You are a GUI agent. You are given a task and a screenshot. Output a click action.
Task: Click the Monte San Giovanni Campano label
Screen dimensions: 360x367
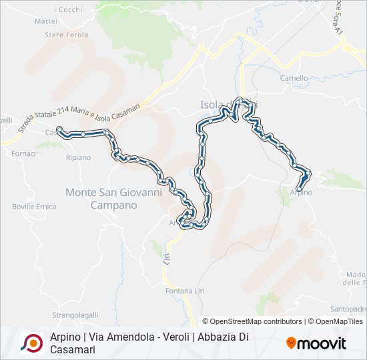click(x=113, y=199)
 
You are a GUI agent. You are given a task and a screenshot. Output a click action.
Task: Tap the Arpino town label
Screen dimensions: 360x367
click(x=301, y=192)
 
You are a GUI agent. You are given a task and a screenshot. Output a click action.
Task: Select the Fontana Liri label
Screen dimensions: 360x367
click(x=183, y=291)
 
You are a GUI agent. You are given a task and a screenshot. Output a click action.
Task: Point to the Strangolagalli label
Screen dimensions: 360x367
click(x=75, y=315)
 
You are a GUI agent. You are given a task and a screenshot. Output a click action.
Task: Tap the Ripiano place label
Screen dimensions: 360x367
click(x=78, y=157)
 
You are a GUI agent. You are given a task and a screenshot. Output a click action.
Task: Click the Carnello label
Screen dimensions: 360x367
click(x=294, y=78)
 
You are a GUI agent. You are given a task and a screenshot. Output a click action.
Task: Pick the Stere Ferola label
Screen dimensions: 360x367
click(x=66, y=35)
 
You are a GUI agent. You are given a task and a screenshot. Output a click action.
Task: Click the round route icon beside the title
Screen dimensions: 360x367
click(x=32, y=343)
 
